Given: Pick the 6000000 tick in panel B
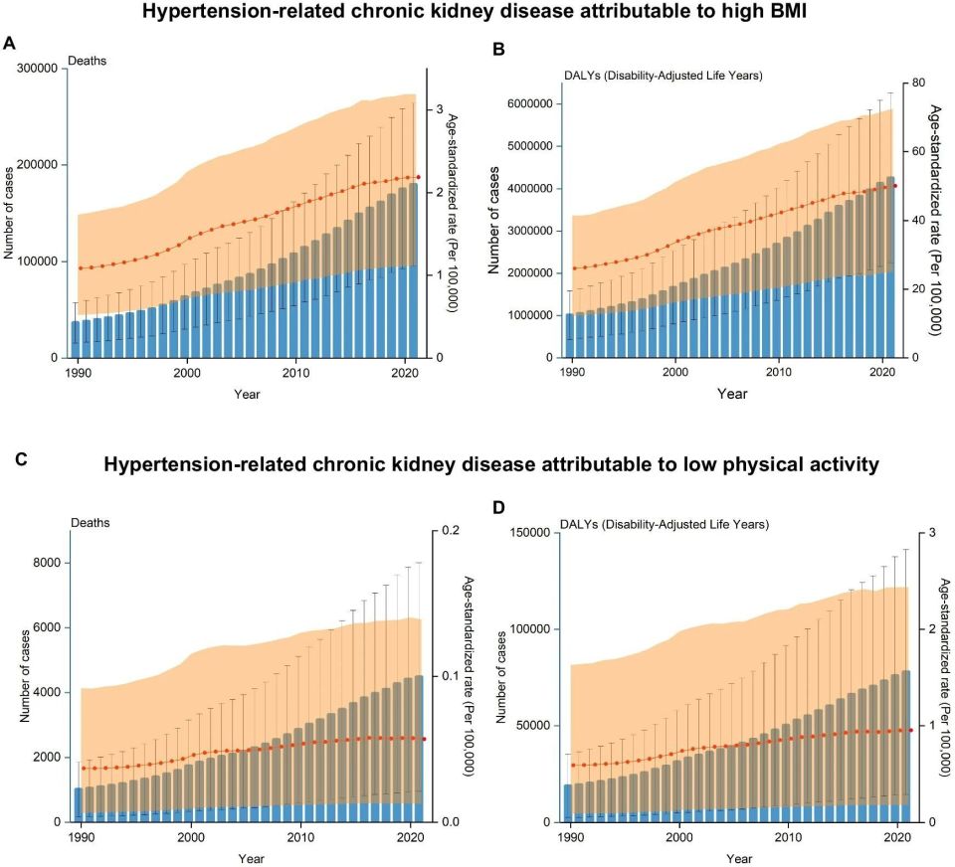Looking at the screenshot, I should coord(535,103).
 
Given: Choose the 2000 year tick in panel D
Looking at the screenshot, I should coord(679,837).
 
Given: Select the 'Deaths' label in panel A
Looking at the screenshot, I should coord(87,61).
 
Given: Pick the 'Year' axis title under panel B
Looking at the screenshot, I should coord(732,394).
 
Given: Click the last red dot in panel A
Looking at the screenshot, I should coord(418,177).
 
